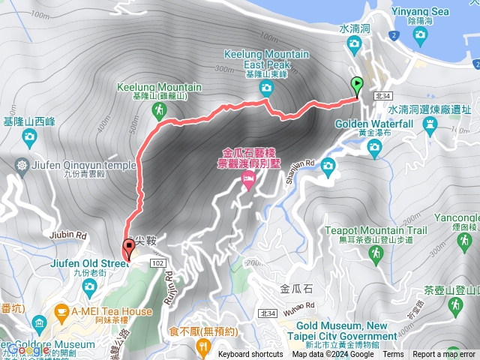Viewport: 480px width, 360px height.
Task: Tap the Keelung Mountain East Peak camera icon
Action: (x=266, y=89)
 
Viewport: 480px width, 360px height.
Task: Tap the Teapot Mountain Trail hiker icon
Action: (x=376, y=255)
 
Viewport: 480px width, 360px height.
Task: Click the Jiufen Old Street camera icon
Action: (x=90, y=286)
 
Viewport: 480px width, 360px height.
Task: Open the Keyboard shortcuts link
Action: (x=250, y=355)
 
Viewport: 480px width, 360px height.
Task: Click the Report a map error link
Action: (x=444, y=355)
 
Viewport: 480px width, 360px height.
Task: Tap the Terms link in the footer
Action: (x=393, y=355)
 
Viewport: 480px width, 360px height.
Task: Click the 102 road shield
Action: (x=157, y=262)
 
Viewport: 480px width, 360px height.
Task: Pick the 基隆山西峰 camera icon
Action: (x=29, y=136)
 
